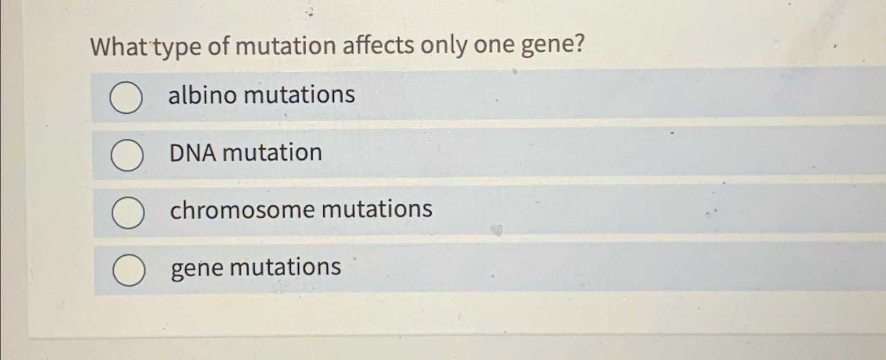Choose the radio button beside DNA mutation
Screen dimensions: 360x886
127,156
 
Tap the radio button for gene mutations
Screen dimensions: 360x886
129,270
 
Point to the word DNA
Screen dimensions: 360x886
192,153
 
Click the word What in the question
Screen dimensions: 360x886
119,47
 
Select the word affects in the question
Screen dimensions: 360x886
378,46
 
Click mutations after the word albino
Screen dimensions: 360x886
299,95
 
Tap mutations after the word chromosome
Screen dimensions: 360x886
377,209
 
